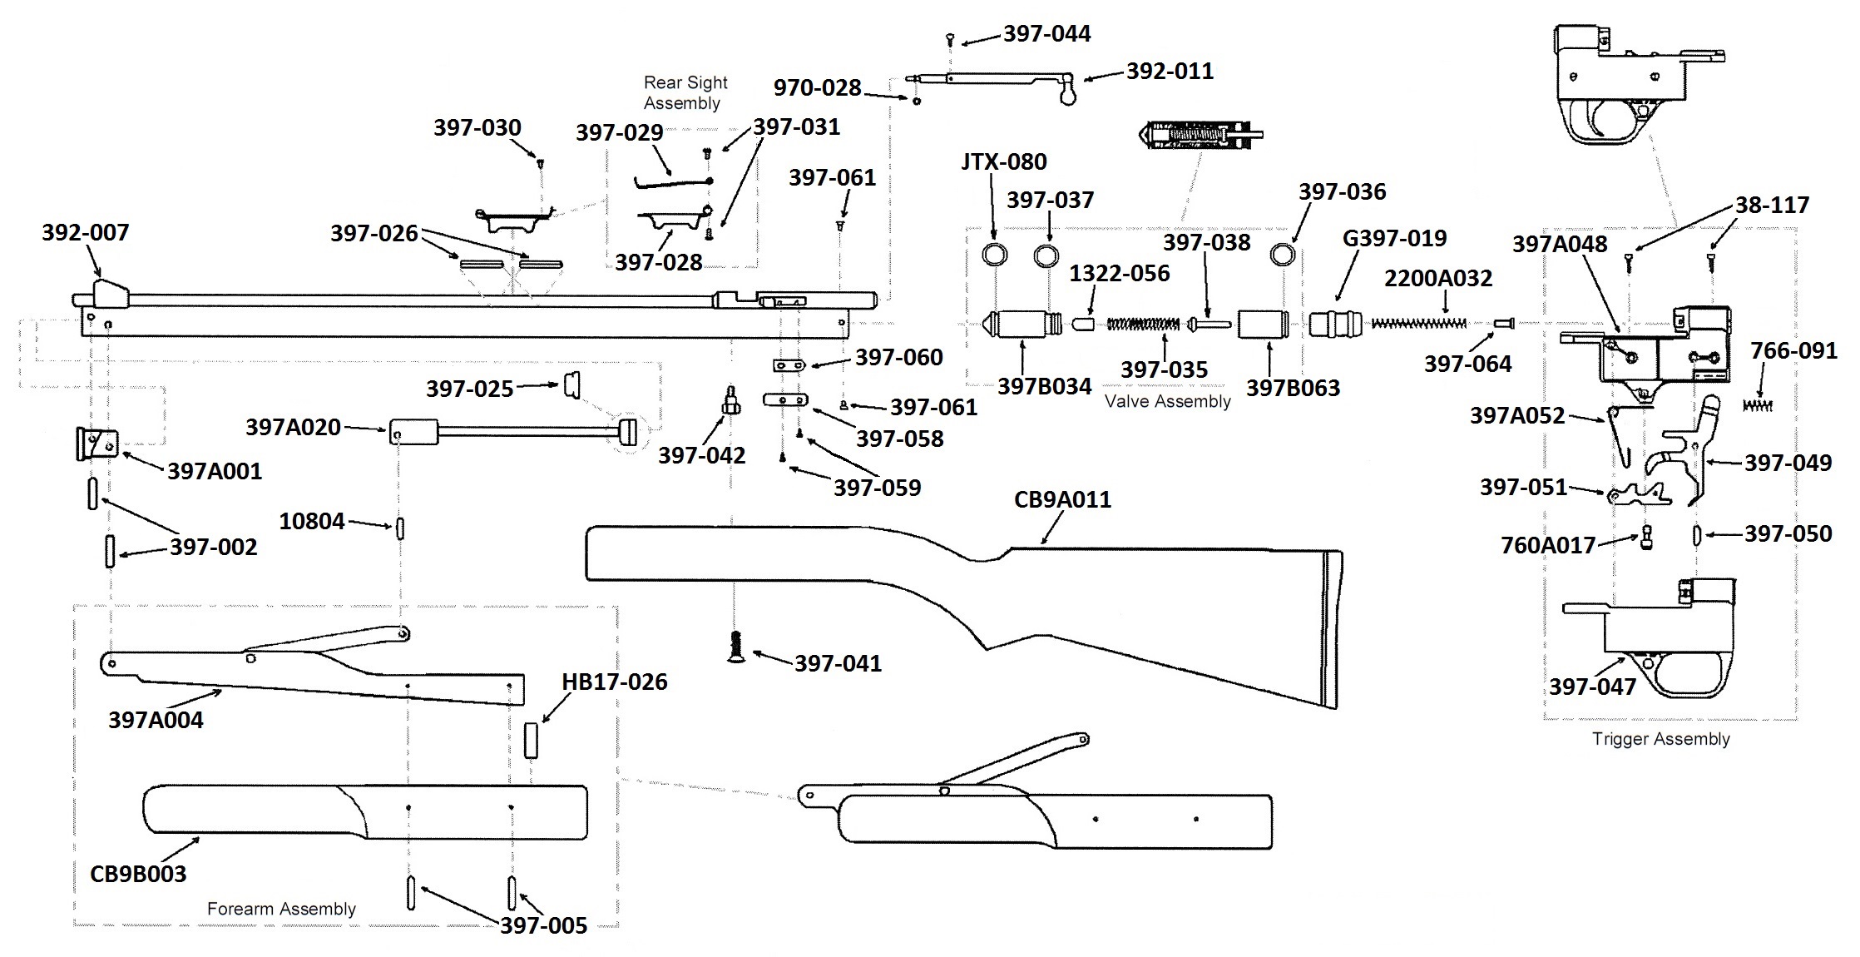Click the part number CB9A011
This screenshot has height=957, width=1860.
(1062, 499)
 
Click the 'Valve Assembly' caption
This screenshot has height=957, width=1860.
(1167, 401)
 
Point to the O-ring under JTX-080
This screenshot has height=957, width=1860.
(995, 254)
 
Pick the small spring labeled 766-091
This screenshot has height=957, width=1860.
(1757, 405)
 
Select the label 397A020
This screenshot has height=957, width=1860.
(293, 427)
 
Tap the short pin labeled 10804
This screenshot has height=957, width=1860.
(400, 528)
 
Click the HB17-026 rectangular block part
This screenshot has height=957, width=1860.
(531, 740)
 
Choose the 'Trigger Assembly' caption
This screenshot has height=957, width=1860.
(1660, 739)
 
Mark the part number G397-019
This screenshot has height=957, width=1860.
(1394, 238)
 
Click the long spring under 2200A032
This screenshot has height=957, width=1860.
(1417, 323)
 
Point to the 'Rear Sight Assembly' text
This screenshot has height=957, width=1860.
(685, 92)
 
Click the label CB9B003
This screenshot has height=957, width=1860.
(138, 874)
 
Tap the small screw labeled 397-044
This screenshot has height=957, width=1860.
(949, 38)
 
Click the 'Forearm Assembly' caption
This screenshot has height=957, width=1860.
(281, 909)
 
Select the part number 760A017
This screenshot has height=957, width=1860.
(1547, 545)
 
